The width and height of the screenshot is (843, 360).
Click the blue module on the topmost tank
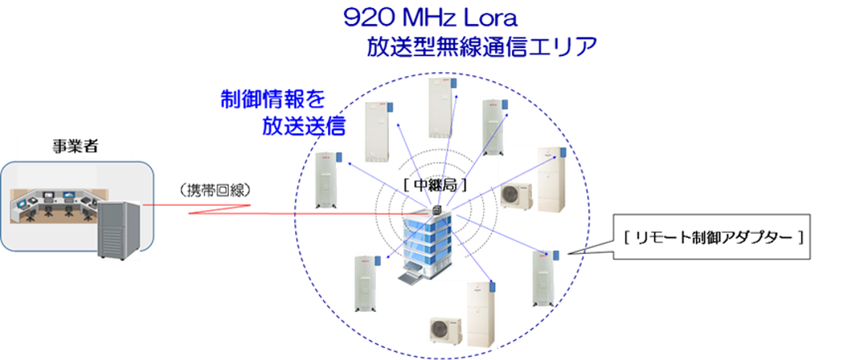(453, 82)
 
